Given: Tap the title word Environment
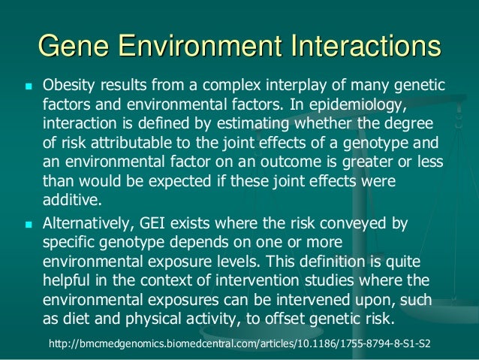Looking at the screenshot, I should (x=205, y=47).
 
